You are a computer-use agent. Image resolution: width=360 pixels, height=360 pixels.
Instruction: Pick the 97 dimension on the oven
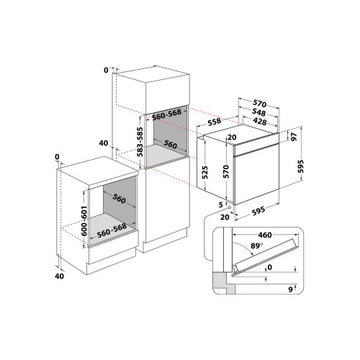[294, 135]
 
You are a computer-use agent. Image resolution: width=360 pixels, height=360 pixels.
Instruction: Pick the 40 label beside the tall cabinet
[104, 143]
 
